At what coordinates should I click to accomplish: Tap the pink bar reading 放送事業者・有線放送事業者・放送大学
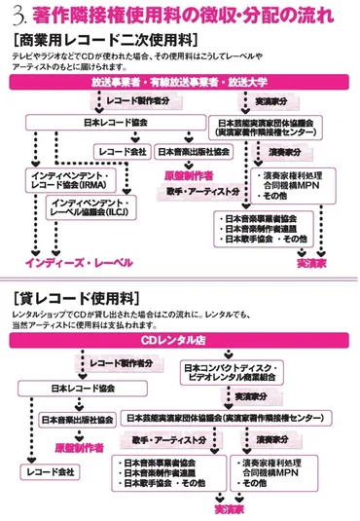181,84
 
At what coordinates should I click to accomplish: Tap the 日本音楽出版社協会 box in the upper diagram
194,151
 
